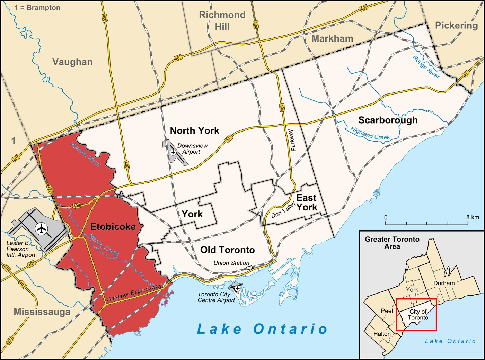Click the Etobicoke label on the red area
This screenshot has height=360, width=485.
[113, 227]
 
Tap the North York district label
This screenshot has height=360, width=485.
[194, 130]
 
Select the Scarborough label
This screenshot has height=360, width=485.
[388, 120]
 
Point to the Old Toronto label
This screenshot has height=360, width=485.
[227, 250]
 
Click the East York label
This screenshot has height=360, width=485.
[307, 202]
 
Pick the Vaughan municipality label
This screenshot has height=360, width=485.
[72, 62]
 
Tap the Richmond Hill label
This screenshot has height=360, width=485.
[222, 21]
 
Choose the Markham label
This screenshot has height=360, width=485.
[332, 38]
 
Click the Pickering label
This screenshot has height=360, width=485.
[456, 25]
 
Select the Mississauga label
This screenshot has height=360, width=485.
[42, 312]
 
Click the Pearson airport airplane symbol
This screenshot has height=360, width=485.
[42, 229]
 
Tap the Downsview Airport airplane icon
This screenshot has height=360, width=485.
[173, 152]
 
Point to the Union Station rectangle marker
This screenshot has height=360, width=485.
[249, 268]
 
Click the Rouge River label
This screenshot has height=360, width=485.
[426, 67]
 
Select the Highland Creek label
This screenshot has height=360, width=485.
[370, 134]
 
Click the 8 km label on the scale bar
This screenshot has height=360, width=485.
[472, 217]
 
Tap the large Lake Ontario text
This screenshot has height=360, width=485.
[262, 329]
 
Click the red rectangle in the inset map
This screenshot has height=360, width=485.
[416, 299]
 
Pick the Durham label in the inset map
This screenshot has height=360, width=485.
[444, 283]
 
